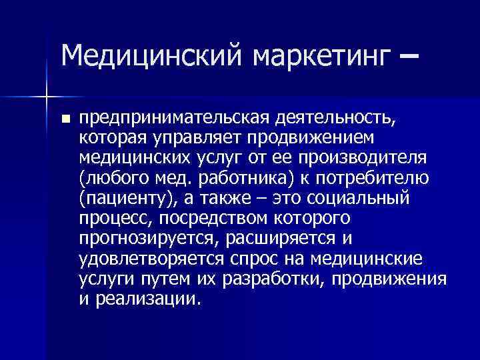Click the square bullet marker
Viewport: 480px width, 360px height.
[65, 120]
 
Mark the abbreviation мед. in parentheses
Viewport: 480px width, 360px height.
[173, 179]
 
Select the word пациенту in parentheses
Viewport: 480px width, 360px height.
[123, 199]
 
